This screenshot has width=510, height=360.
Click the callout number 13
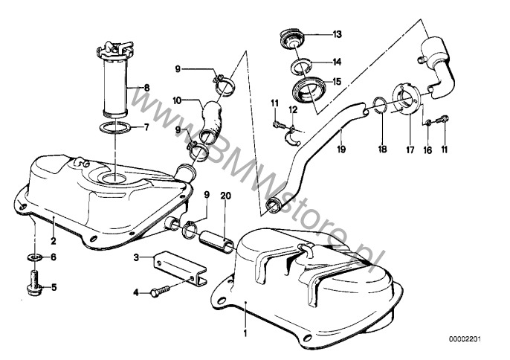click(x=337, y=34)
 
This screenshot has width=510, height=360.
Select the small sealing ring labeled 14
click(x=301, y=65)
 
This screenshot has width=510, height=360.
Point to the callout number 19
click(x=341, y=150)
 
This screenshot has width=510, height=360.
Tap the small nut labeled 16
click(x=428, y=123)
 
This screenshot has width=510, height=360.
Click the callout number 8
click(x=146, y=87)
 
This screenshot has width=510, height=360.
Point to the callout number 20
click(x=225, y=196)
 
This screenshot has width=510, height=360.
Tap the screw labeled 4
click(x=160, y=291)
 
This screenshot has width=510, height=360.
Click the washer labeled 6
click(x=34, y=257)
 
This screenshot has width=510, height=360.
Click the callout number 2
click(x=54, y=241)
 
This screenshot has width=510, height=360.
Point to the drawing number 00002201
click(x=465, y=339)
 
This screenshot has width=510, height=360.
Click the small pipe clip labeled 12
click(x=293, y=136)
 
